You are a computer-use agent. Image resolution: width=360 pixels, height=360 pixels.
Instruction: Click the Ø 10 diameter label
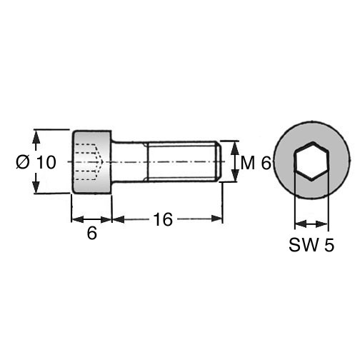tap(36, 162)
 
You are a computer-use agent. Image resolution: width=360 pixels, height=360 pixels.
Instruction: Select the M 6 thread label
tap(256, 164)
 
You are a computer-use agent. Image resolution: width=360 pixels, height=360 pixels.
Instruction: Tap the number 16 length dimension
tap(163, 219)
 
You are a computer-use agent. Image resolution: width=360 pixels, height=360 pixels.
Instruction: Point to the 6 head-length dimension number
tap(92, 233)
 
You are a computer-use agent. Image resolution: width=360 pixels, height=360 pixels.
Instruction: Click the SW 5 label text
tap(311, 245)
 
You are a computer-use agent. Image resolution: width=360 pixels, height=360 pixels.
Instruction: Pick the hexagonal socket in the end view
tap(312, 161)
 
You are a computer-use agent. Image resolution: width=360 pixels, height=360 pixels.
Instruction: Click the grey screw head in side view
tap(91, 162)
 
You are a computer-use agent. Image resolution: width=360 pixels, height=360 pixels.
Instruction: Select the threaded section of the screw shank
tap(182, 161)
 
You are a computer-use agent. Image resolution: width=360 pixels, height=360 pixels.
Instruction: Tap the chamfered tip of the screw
tap(219, 161)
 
